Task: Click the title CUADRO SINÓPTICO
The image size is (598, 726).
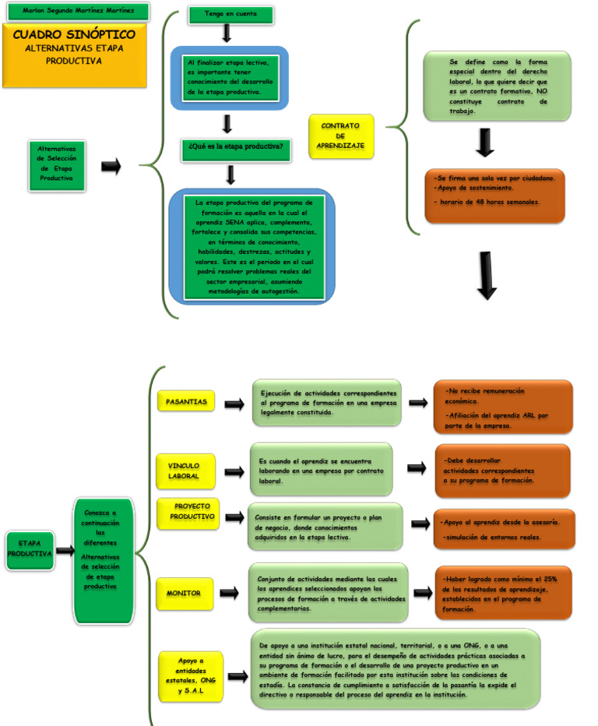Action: [73, 35]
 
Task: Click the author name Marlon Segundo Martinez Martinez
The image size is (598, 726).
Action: [74, 11]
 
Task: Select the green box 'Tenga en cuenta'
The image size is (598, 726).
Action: [230, 14]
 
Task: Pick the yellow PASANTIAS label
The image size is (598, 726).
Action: [186, 402]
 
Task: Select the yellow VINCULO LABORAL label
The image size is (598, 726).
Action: [184, 470]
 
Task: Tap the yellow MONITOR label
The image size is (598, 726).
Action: [183, 594]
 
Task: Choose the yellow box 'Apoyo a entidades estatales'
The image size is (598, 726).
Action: [190, 675]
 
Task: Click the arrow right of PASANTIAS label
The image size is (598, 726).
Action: [234, 404]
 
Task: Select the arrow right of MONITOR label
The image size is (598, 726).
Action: [229, 594]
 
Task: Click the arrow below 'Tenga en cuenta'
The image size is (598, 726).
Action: [227, 33]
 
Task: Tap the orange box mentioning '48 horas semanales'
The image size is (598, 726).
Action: [494, 195]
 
